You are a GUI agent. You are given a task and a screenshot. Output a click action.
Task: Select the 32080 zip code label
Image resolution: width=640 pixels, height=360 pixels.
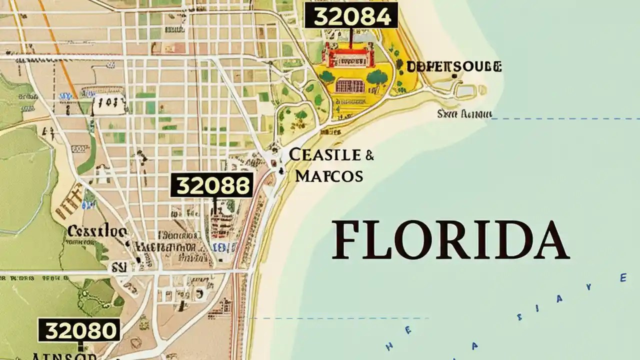pyautogui.click(x=79, y=330)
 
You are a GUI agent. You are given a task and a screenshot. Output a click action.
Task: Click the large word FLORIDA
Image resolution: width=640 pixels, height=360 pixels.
pyautogui.click(x=450, y=241)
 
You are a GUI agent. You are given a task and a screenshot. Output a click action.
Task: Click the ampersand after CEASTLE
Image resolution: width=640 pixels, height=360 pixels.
pyautogui.click(x=369, y=155)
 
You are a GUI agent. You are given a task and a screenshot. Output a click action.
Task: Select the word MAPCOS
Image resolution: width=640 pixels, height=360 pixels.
pyautogui.click(x=329, y=176)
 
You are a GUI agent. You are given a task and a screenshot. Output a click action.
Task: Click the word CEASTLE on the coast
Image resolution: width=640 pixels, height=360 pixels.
pyautogui.click(x=325, y=155)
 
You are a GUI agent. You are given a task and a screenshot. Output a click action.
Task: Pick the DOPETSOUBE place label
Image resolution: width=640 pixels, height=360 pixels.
pyautogui.click(x=454, y=66)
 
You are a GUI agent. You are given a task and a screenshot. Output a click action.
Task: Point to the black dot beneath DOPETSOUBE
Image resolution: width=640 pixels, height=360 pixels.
pyautogui.click(x=454, y=76)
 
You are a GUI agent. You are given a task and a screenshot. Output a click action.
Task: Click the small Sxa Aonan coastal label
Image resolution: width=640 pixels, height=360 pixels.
pyautogui.click(x=464, y=114)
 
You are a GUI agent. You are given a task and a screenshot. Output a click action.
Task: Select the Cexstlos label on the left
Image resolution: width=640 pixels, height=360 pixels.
pyautogui.click(x=97, y=231)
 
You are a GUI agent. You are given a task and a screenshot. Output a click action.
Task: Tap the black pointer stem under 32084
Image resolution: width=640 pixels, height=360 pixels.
pyautogui.click(x=351, y=37)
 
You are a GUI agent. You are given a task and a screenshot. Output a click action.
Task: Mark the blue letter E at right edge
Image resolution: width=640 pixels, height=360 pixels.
pyautogui.click(x=623, y=277)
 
